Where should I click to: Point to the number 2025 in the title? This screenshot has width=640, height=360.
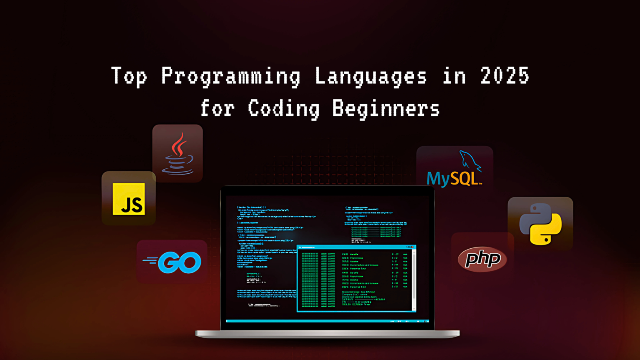[505, 76]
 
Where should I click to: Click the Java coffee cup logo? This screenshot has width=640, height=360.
[178, 154]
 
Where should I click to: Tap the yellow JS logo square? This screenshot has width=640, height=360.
[129, 199]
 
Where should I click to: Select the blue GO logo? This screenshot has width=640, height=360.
[182, 262]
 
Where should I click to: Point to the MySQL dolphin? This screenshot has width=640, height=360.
[470, 161]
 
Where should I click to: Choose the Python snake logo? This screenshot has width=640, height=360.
[540, 224]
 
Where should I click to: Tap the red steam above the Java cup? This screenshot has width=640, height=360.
[179, 144]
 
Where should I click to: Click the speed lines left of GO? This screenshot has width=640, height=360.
[151, 261]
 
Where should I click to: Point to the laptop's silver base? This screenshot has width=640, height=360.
[327, 334]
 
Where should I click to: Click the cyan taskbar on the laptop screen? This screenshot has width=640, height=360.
[327, 321]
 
